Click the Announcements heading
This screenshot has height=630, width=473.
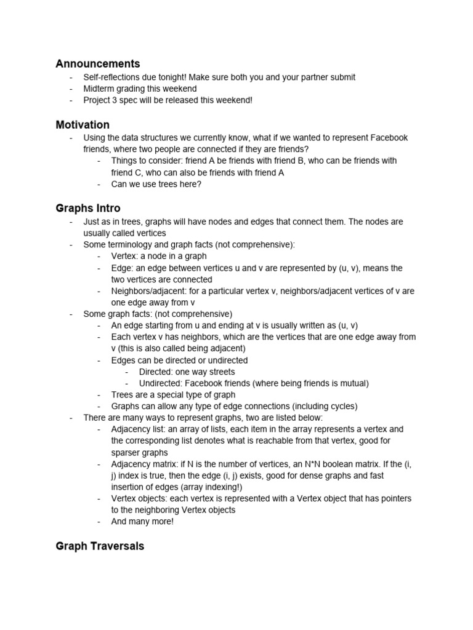tap(97, 63)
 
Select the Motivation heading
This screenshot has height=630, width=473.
tap(83, 124)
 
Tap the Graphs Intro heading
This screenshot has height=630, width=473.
tap(88, 208)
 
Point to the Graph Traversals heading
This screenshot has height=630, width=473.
tap(100, 546)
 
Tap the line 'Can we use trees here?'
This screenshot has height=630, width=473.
tap(156, 184)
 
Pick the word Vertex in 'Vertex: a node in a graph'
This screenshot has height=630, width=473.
tap(124, 256)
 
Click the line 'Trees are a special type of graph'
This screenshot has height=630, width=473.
tap(173, 395)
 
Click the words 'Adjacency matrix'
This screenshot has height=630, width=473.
tap(143, 464)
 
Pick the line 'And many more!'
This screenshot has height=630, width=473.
tap(143, 522)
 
